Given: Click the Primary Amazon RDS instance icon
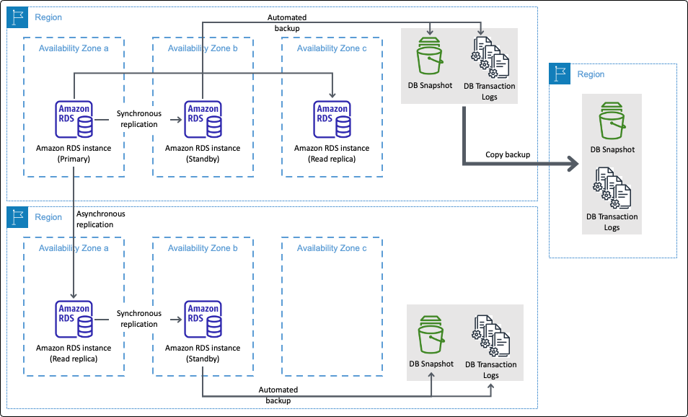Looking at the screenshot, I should [74, 120].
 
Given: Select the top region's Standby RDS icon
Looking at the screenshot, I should [203, 120].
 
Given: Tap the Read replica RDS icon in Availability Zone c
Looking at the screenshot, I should [332, 120].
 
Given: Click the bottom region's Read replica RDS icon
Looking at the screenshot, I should [74, 320].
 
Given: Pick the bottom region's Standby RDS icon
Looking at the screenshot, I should [203, 320].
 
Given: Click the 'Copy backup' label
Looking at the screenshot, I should [508, 154].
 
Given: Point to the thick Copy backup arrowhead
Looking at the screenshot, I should [573, 165].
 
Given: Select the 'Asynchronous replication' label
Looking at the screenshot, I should [100, 219].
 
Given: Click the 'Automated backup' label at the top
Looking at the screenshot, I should [286, 22].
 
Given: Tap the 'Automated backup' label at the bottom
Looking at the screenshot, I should [278, 395].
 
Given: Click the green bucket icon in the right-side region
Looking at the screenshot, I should [612, 122].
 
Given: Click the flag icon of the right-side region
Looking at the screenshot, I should [560, 74].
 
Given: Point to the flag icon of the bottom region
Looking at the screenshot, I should [17, 216].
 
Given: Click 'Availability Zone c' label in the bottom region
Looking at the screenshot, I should [332, 247].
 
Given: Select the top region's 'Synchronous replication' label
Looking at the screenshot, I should [138, 119].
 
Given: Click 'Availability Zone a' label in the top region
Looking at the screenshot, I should [74, 48].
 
